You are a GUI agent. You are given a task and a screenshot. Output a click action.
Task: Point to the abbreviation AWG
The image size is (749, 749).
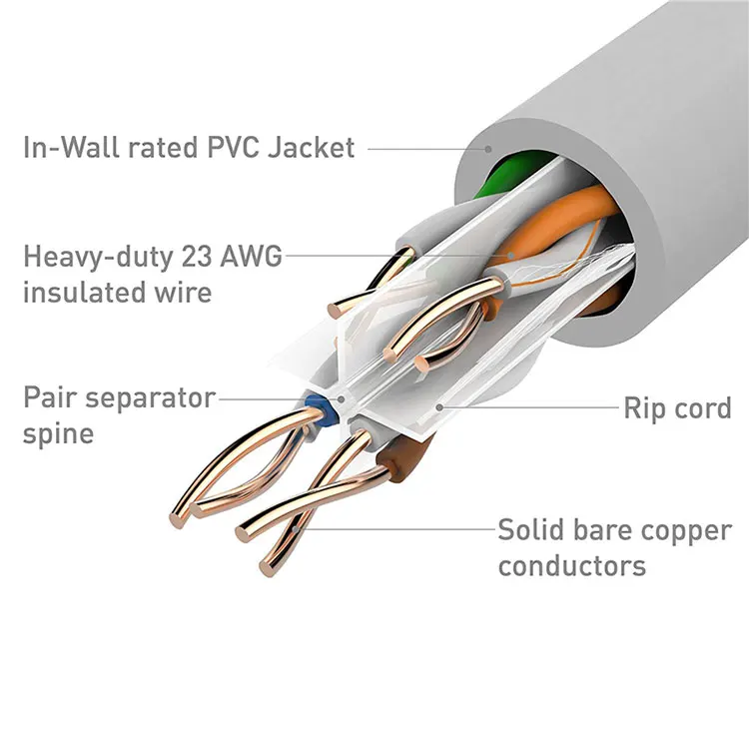click(x=254, y=256)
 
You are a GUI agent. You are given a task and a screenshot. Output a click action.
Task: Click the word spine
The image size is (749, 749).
click(x=58, y=435)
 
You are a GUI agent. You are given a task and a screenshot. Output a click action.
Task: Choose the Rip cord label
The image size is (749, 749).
click(x=677, y=408)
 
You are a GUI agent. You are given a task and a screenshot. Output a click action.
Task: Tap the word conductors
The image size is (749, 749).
click(x=571, y=566)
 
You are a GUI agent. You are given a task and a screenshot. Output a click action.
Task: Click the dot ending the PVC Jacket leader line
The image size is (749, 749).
click(x=489, y=149)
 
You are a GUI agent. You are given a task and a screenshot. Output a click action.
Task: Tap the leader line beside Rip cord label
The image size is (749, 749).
click(x=529, y=407)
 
